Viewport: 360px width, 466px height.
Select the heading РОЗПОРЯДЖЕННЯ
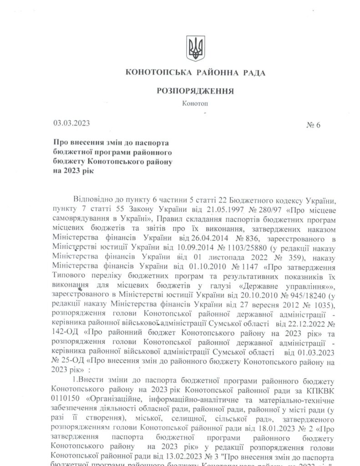(195, 91)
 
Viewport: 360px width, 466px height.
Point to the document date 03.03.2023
(71, 123)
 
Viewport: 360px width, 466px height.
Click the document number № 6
(314, 126)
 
